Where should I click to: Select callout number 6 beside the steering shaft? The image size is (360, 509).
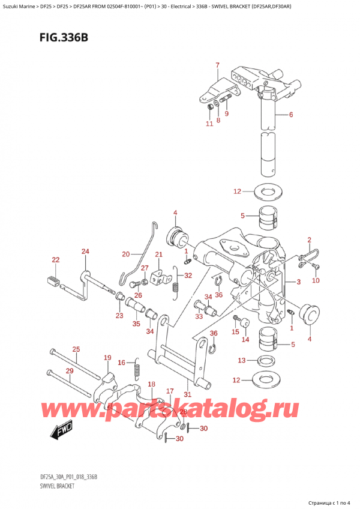point(290,115)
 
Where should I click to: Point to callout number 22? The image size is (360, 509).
point(56,260)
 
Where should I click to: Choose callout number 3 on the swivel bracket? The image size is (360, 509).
point(298,282)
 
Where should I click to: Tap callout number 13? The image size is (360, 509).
point(242,360)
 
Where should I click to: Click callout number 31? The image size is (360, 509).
point(187,394)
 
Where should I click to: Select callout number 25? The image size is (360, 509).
point(76,349)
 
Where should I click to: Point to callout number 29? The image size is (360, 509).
point(70,371)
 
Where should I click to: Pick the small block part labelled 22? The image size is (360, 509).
point(52,279)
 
